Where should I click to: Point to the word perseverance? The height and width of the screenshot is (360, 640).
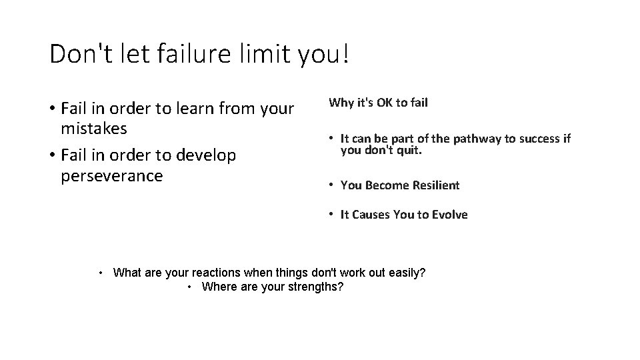coord(111,176)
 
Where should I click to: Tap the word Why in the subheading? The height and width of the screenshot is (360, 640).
coord(340,103)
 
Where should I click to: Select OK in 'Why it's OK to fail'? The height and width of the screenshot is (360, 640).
coord(384,103)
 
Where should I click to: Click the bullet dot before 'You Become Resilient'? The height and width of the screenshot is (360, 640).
coord(331,185)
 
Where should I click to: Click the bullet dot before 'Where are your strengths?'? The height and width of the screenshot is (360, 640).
coord(190,287)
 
